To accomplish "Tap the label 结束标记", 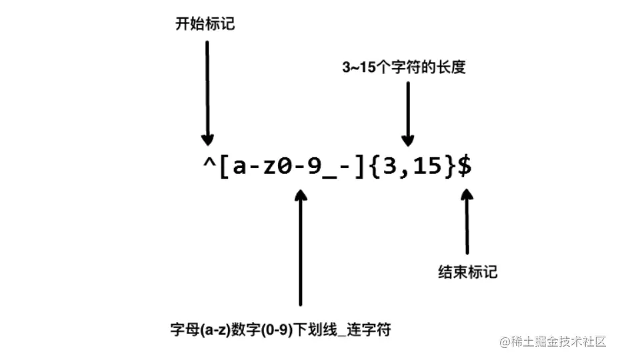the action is tap(467, 272).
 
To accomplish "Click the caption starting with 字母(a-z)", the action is tap(280, 329).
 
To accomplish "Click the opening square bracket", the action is tap(224, 167).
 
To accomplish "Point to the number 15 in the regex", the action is tap(427, 167).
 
